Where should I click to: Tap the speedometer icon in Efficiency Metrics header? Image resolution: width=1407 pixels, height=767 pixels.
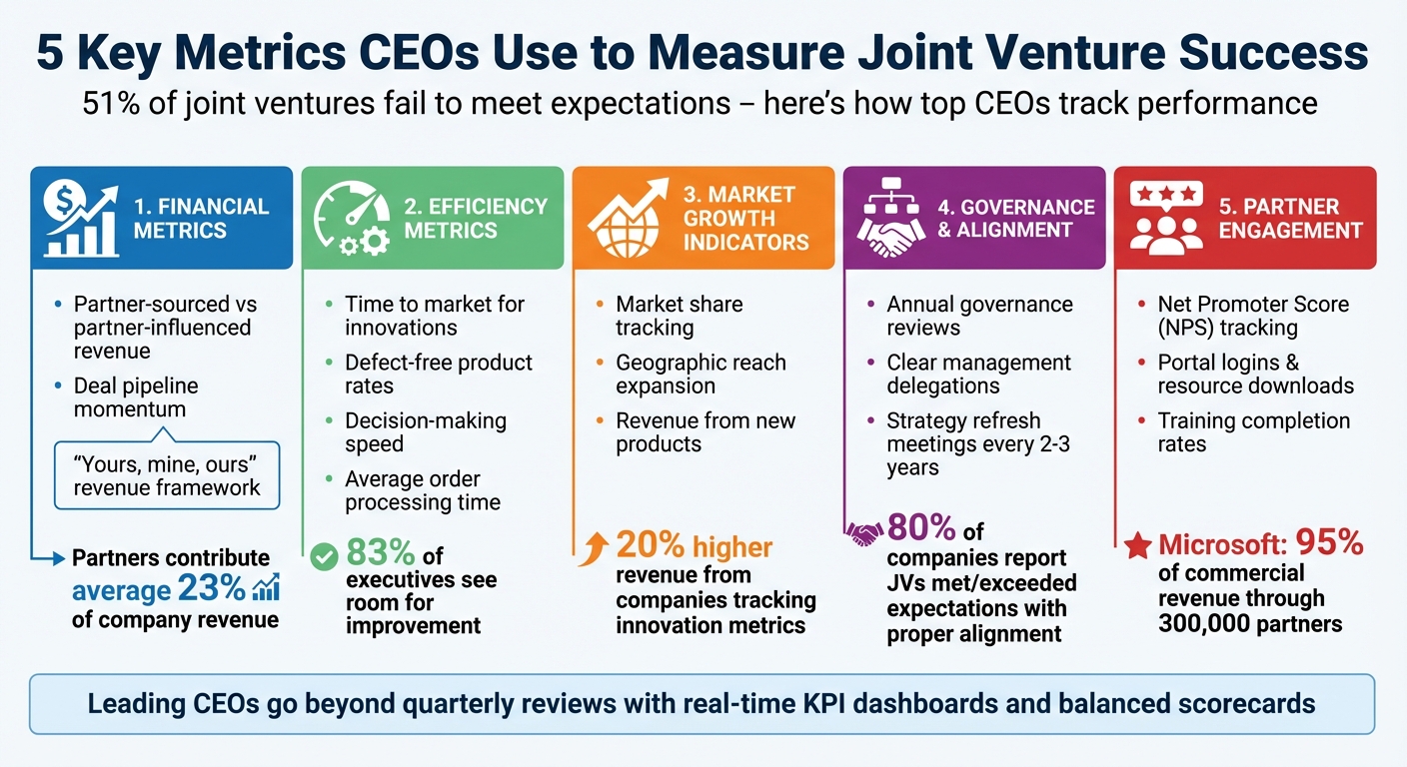click(351, 218)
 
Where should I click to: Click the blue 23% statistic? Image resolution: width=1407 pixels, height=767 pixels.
click(212, 589)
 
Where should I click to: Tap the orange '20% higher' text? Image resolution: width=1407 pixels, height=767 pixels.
click(694, 545)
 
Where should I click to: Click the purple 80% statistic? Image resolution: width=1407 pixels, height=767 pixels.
click(921, 527)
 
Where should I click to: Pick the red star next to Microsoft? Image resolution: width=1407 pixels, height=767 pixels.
click(1136, 546)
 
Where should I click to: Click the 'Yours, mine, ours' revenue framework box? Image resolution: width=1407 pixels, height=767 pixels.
click(166, 475)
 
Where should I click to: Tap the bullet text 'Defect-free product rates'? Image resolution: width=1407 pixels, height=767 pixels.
click(439, 374)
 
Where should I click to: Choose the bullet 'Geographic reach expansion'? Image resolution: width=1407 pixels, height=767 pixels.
click(701, 374)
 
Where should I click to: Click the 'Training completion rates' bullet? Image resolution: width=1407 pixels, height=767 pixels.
click(1253, 431)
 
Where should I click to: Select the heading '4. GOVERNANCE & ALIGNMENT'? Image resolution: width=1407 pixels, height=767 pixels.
click(1016, 218)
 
